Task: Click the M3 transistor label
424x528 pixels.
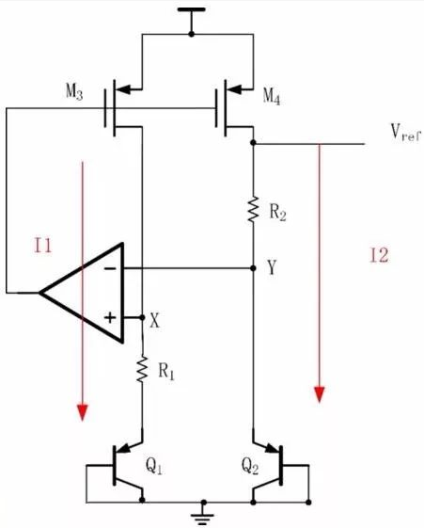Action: tap(74, 91)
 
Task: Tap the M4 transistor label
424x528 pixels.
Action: tap(272, 97)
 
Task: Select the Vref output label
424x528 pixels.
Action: tap(405, 132)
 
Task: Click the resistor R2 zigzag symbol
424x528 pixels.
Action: tap(253, 209)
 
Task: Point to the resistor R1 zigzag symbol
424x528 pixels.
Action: tap(142, 369)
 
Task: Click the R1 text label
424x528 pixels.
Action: tap(166, 372)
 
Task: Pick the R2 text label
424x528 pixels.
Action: tap(277, 213)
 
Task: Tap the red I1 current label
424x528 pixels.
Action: tap(43, 245)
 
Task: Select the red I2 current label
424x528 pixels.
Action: tap(379, 255)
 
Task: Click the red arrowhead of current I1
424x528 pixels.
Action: tap(83, 412)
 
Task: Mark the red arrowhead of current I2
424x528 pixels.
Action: tap(319, 394)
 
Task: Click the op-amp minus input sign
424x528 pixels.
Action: tap(110, 268)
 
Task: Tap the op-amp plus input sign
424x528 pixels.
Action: tap(110, 317)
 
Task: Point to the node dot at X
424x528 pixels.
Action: tap(142, 317)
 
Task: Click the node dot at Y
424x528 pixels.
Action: tap(253, 268)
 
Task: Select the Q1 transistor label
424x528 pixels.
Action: tap(153, 467)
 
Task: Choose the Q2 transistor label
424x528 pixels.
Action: tap(250, 467)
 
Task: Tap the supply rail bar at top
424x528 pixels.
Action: tap(192, 9)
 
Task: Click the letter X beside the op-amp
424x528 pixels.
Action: tap(154, 320)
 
